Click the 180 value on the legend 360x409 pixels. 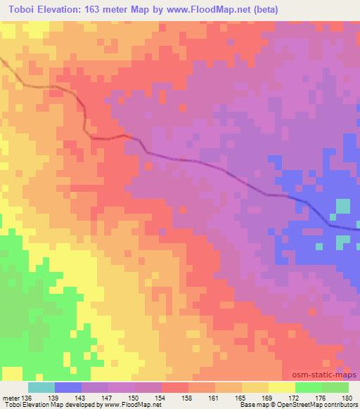click(x=347, y=397)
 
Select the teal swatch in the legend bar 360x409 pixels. click(x=41, y=387)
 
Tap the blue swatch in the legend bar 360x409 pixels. click(x=68, y=387)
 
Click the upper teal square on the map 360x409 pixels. click(x=343, y=207)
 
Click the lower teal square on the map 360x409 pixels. click(x=342, y=241)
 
